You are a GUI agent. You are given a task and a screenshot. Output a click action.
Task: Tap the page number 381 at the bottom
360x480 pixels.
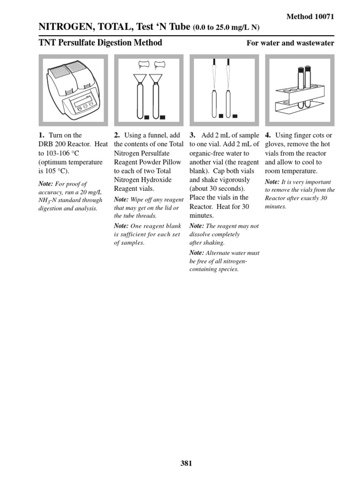[186, 463]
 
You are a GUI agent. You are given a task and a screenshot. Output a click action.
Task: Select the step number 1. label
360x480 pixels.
[42, 135]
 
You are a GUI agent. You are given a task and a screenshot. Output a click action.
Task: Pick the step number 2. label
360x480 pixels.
[117, 135]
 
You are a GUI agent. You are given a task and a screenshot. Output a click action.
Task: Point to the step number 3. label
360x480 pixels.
[192, 135]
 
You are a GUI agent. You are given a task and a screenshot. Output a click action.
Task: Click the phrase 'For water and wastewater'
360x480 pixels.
[290, 43]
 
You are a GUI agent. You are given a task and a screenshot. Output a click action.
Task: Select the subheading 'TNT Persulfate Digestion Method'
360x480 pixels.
[100, 43]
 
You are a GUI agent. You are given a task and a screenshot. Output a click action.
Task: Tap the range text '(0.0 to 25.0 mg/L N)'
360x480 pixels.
[226, 28]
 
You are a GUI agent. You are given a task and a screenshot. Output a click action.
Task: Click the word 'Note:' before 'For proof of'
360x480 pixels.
[46, 184]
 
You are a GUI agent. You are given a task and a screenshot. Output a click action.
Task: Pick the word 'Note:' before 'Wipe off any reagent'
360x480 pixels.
[121, 200]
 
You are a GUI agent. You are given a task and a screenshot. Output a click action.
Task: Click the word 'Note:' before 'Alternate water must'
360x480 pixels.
[196, 253]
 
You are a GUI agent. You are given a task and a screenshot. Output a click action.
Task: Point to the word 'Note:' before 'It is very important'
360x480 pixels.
[272, 182]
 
